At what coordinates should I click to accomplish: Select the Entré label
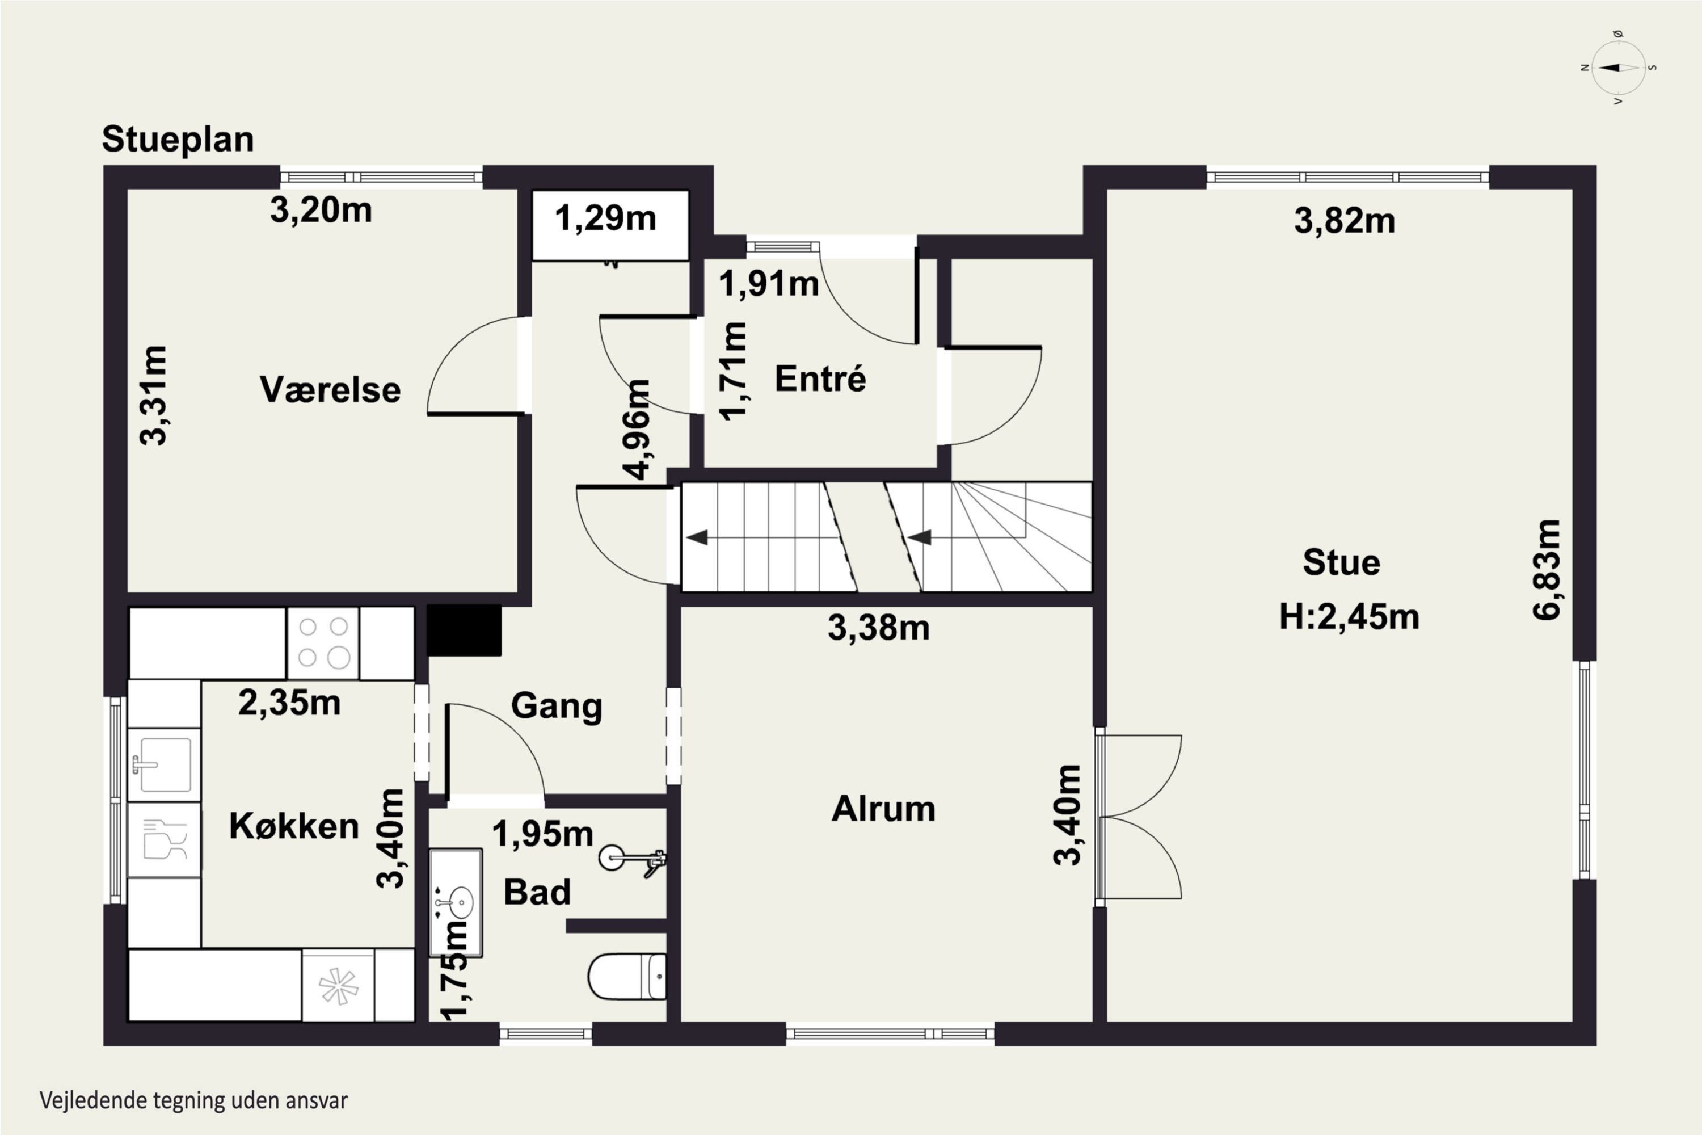[820, 379]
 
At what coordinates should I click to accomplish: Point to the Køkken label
[294, 826]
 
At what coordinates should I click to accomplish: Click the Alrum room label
[883, 809]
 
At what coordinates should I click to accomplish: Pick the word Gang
[557, 707]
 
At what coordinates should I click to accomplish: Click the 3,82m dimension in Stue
[1345, 221]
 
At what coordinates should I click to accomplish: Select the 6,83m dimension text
[1547, 569]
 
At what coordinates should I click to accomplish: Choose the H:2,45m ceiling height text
[1349, 617]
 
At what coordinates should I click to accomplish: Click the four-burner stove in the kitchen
[323, 643]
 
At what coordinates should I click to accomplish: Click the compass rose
[1619, 68]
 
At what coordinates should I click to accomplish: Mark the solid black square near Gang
[464, 630]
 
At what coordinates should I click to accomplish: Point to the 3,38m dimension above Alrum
[878, 628]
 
